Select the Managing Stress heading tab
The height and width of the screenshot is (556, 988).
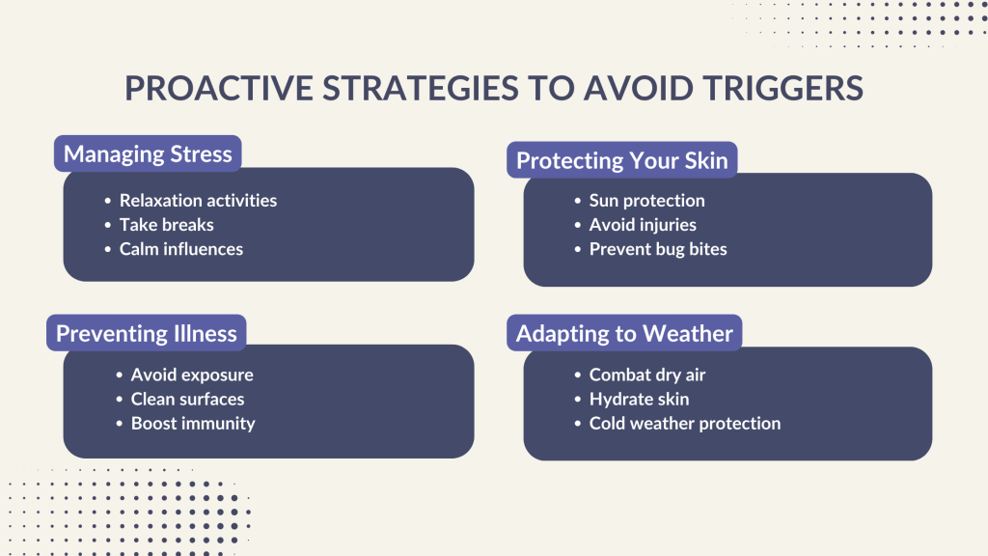[148, 153]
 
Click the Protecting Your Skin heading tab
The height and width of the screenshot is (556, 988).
[621, 160]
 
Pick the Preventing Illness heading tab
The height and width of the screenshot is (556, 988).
[147, 334]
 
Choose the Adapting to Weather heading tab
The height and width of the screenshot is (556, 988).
[624, 334]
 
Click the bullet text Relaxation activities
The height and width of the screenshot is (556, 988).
[198, 201]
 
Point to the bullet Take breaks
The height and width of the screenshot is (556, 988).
[166, 225]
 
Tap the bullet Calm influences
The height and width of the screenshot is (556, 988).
[180, 249]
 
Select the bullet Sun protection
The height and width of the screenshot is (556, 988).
[646, 201]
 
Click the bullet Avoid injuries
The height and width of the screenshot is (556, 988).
[643, 225]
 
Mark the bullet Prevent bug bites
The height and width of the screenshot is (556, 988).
[658, 249]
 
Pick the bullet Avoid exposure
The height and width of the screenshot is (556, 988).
[192, 375]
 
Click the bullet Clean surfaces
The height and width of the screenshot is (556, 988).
[187, 399]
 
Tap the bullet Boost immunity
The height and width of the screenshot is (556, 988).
[193, 423]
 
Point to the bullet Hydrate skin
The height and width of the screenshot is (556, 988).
[639, 399]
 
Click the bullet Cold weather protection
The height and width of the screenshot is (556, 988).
[684, 423]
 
